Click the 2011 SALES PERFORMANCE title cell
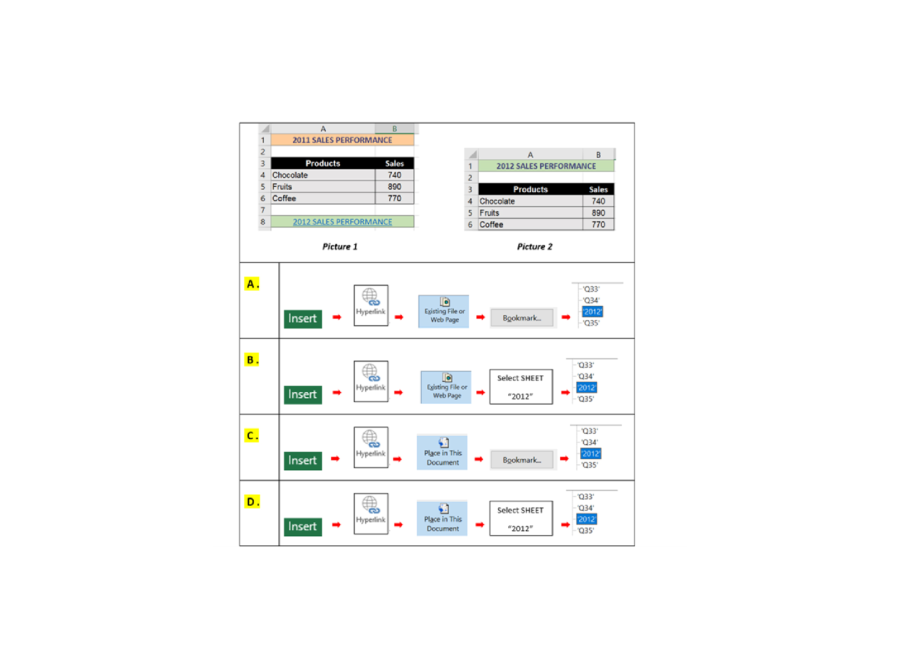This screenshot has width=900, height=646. tap(342, 140)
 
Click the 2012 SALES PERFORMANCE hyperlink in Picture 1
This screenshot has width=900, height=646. tap(342, 222)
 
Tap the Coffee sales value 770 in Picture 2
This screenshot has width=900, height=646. tap(598, 225)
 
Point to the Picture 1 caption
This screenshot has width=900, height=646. tap(340, 246)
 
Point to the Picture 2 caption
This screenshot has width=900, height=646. tap(534, 246)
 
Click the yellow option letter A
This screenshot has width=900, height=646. tap(251, 284)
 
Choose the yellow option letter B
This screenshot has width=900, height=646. tap(251, 360)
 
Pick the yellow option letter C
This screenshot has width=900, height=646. tap(251, 436)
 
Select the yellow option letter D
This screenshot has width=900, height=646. tap(251, 502)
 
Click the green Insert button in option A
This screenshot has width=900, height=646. tap(302, 318)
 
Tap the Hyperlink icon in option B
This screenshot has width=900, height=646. tap(371, 381)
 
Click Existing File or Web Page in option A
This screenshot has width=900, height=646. tap(444, 311)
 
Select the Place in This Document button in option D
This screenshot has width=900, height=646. tap(442, 519)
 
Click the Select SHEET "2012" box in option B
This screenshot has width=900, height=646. tap(521, 387)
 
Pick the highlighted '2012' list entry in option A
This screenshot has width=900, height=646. tap(592, 312)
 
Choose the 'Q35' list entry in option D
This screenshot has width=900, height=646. tap(585, 531)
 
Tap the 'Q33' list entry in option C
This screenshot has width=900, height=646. tap(589, 431)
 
